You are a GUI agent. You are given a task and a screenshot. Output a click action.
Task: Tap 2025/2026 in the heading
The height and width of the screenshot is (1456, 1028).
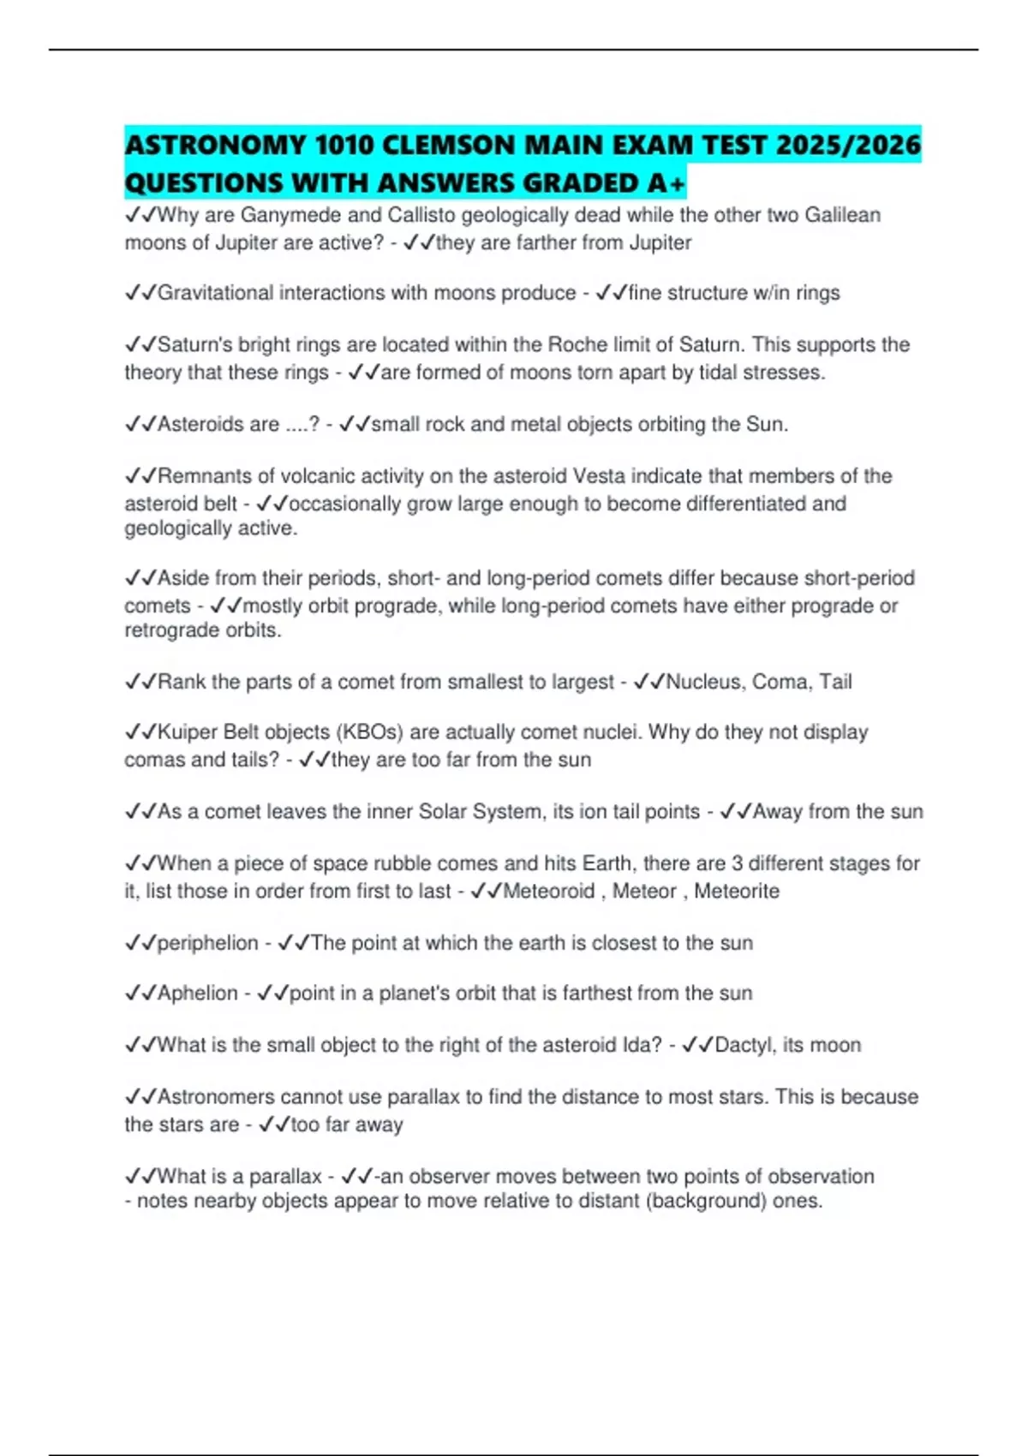847,144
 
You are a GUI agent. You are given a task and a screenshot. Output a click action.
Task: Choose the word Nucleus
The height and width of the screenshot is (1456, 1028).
703,682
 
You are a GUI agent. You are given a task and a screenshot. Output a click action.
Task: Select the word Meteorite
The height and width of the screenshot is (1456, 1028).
737,892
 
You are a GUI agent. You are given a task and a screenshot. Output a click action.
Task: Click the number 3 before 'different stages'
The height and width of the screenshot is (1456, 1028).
737,863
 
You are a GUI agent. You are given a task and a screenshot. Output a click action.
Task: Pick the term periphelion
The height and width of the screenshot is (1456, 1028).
208,943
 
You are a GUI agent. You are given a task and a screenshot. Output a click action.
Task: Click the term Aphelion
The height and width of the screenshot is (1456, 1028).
198,994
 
